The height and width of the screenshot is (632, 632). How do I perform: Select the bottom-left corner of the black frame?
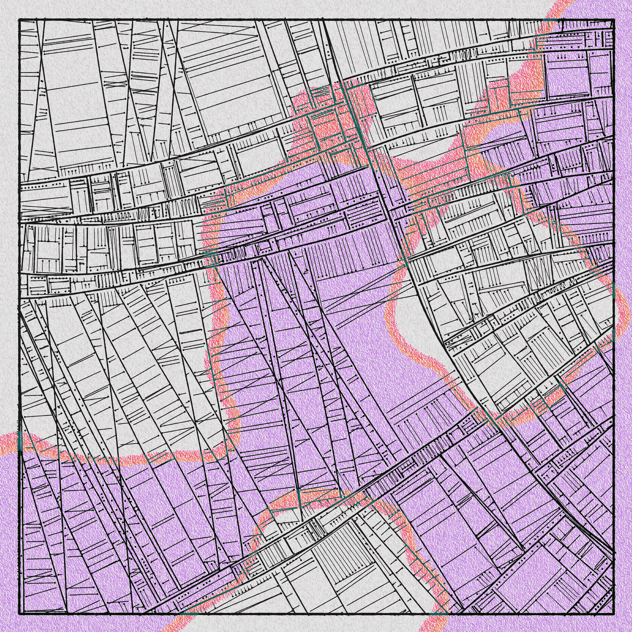20,613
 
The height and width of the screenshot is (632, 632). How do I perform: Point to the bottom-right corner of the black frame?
613,613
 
